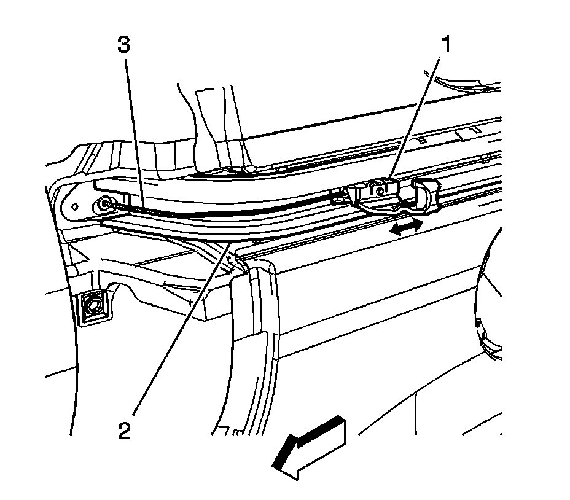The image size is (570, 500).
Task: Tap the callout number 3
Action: [126, 46]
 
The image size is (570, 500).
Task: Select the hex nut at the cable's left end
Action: [106, 205]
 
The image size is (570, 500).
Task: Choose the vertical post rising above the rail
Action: [215, 123]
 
